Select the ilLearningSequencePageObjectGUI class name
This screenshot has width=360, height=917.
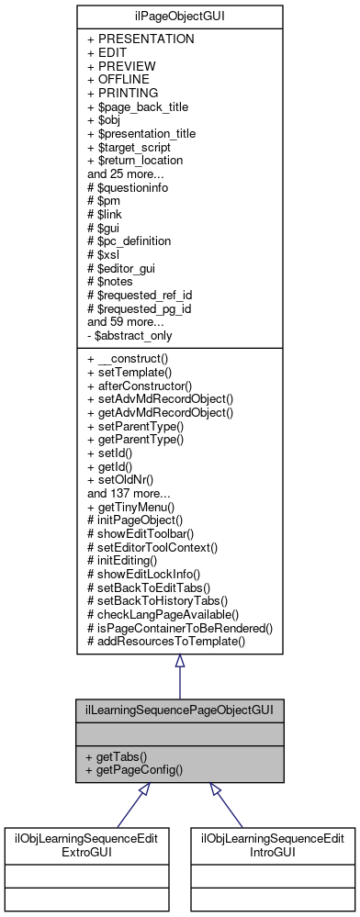[x=179, y=710]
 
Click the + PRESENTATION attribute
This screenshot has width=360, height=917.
[x=141, y=40]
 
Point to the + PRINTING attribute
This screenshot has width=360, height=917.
[x=122, y=93]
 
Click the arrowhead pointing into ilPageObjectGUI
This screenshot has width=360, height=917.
[x=179, y=661]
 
